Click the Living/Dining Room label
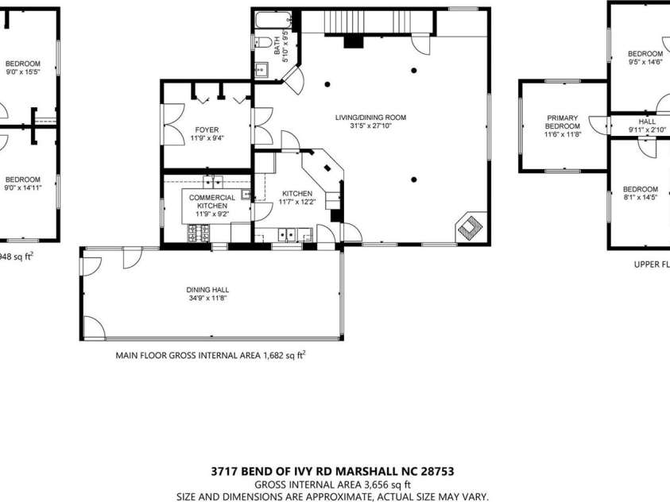(x=370, y=118)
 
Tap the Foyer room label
(x=207, y=129)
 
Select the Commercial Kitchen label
(x=211, y=202)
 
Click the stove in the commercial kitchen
(x=199, y=233)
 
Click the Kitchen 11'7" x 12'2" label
(x=297, y=198)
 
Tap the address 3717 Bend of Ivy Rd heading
(x=332, y=470)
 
